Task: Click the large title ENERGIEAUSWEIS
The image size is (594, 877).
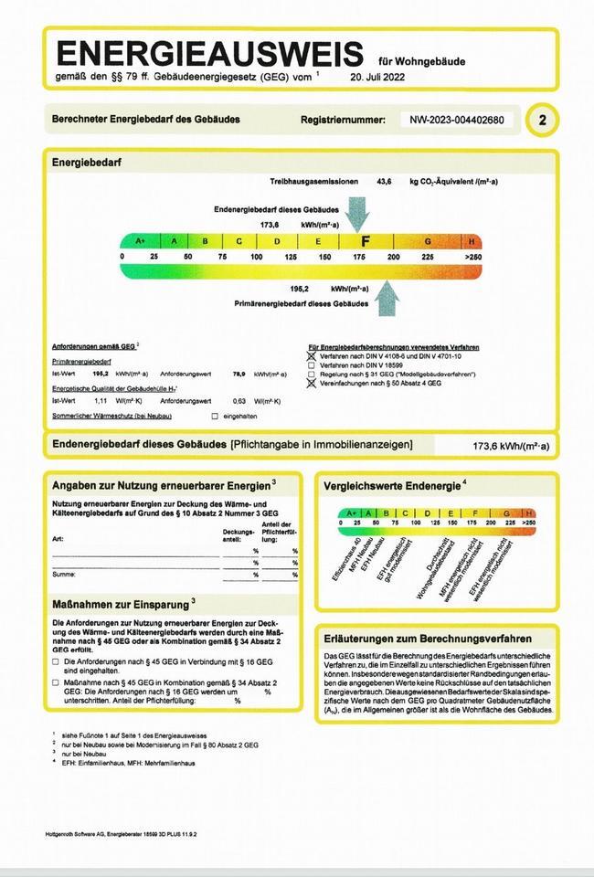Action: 212,52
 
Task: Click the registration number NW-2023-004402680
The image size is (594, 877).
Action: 457,120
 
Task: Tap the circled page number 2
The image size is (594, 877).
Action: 544,120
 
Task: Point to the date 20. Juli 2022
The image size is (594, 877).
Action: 377,78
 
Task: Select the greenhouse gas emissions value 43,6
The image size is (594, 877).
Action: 384,182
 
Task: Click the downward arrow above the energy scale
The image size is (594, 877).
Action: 357,214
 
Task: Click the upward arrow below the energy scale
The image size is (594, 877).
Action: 387,297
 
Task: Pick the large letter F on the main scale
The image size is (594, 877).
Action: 366,241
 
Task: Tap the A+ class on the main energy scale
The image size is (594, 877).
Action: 140,241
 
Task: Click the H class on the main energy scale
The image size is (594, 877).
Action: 472,241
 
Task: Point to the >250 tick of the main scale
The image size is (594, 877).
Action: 472,258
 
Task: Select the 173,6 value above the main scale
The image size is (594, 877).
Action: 270,224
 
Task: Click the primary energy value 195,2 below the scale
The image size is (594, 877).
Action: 300,288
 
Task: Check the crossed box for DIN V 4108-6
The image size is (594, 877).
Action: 312,356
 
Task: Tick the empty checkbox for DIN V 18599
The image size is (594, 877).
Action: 312,365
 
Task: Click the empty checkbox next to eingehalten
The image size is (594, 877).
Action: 215,417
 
